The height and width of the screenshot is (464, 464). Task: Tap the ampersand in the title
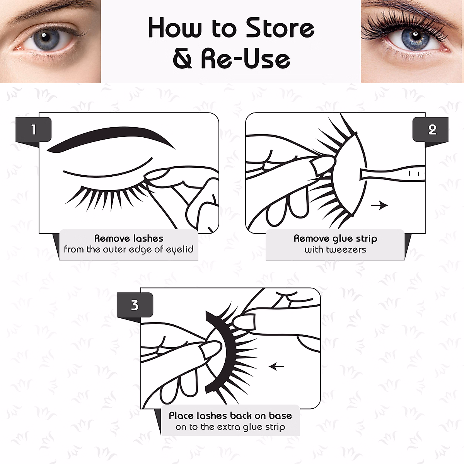(x=183, y=59)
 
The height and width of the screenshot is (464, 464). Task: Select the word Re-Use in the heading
(x=246, y=59)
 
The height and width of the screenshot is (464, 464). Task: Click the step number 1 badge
(x=34, y=130)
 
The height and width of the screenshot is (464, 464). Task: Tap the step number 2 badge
(x=432, y=130)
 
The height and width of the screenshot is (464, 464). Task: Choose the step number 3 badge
(x=135, y=305)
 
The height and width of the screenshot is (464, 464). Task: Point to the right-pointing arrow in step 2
(x=379, y=205)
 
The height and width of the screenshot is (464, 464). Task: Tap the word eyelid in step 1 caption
(x=179, y=249)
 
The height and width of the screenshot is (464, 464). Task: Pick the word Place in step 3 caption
(x=181, y=416)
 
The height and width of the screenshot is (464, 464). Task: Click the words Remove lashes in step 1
(x=129, y=238)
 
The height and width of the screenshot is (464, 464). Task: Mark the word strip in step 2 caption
(x=366, y=239)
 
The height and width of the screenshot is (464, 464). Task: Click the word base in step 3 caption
(x=280, y=416)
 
